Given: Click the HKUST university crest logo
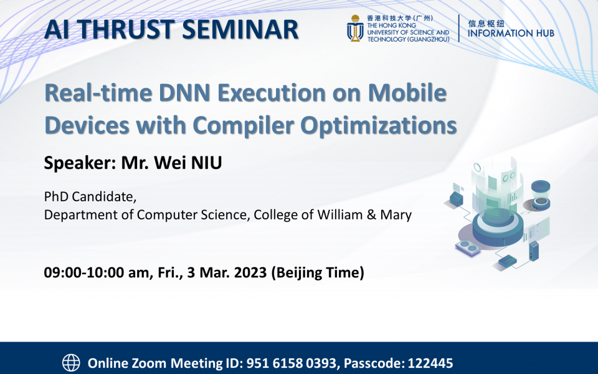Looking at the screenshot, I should [x=356, y=29].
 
